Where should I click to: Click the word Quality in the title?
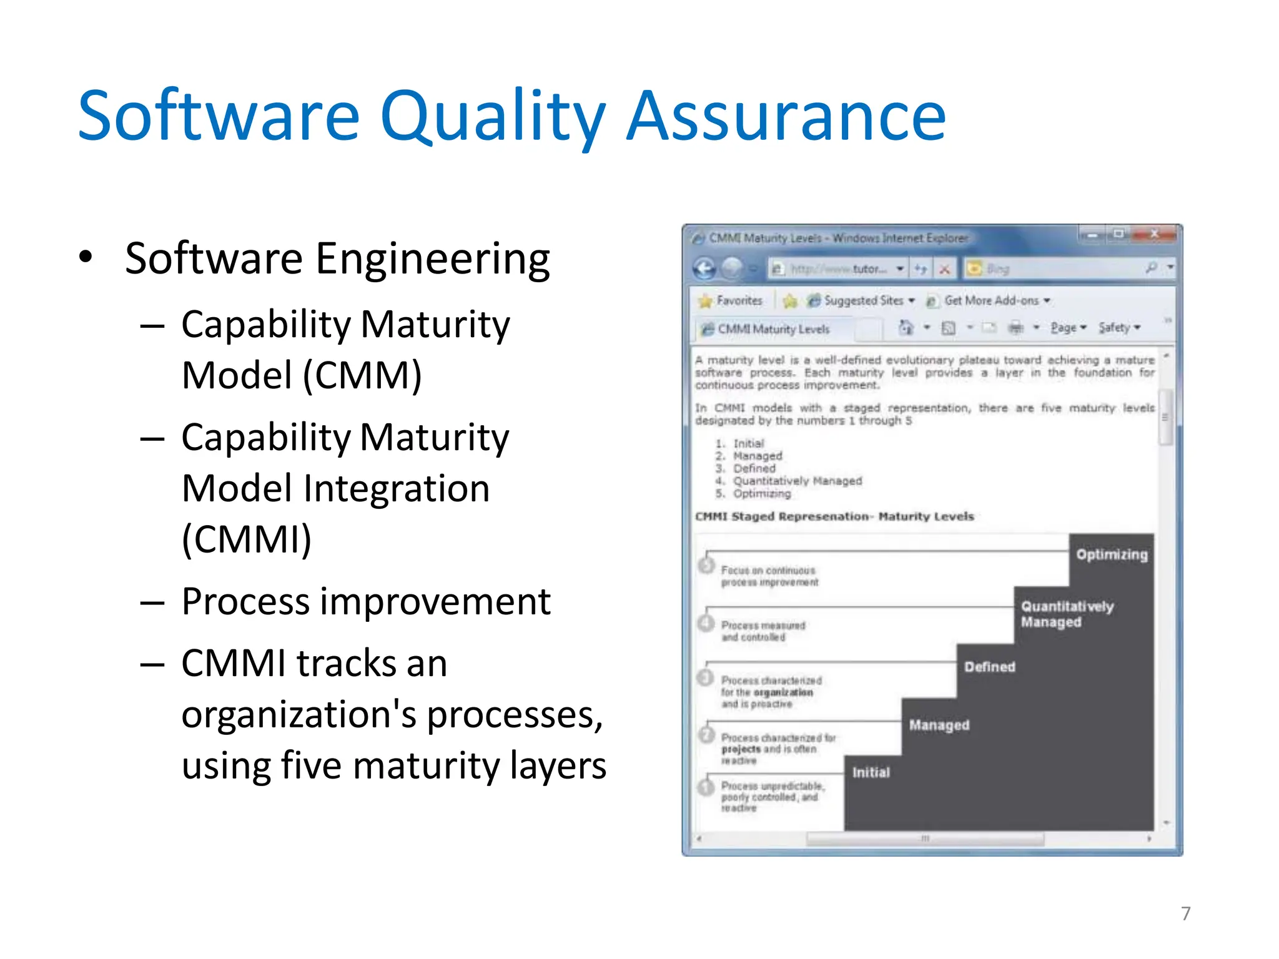click(492, 117)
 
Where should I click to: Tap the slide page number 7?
click(1186, 913)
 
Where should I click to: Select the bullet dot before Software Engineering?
click(86, 257)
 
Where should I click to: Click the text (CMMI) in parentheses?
click(246, 539)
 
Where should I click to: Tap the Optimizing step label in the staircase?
click(1112, 554)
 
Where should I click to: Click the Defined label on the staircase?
click(989, 667)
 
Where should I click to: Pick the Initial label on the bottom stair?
click(871, 772)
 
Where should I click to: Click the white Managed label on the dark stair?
click(939, 725)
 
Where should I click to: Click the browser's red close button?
click(1154, 235)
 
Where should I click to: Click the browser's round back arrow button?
click(705, 268)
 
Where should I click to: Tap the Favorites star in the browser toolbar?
click(706, 301)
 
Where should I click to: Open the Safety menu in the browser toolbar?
click(1118, 328)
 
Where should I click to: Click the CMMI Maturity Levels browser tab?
click(773, 329)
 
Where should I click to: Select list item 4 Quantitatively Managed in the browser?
click(797, 481)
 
